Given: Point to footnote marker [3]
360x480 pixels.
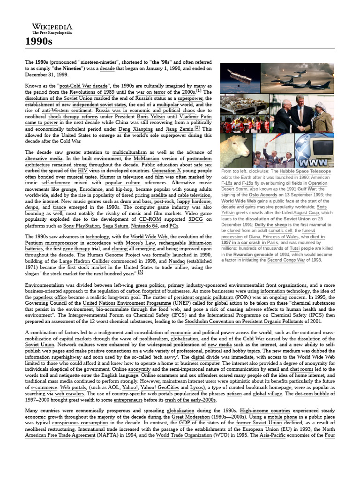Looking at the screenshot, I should tap(141, 272).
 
